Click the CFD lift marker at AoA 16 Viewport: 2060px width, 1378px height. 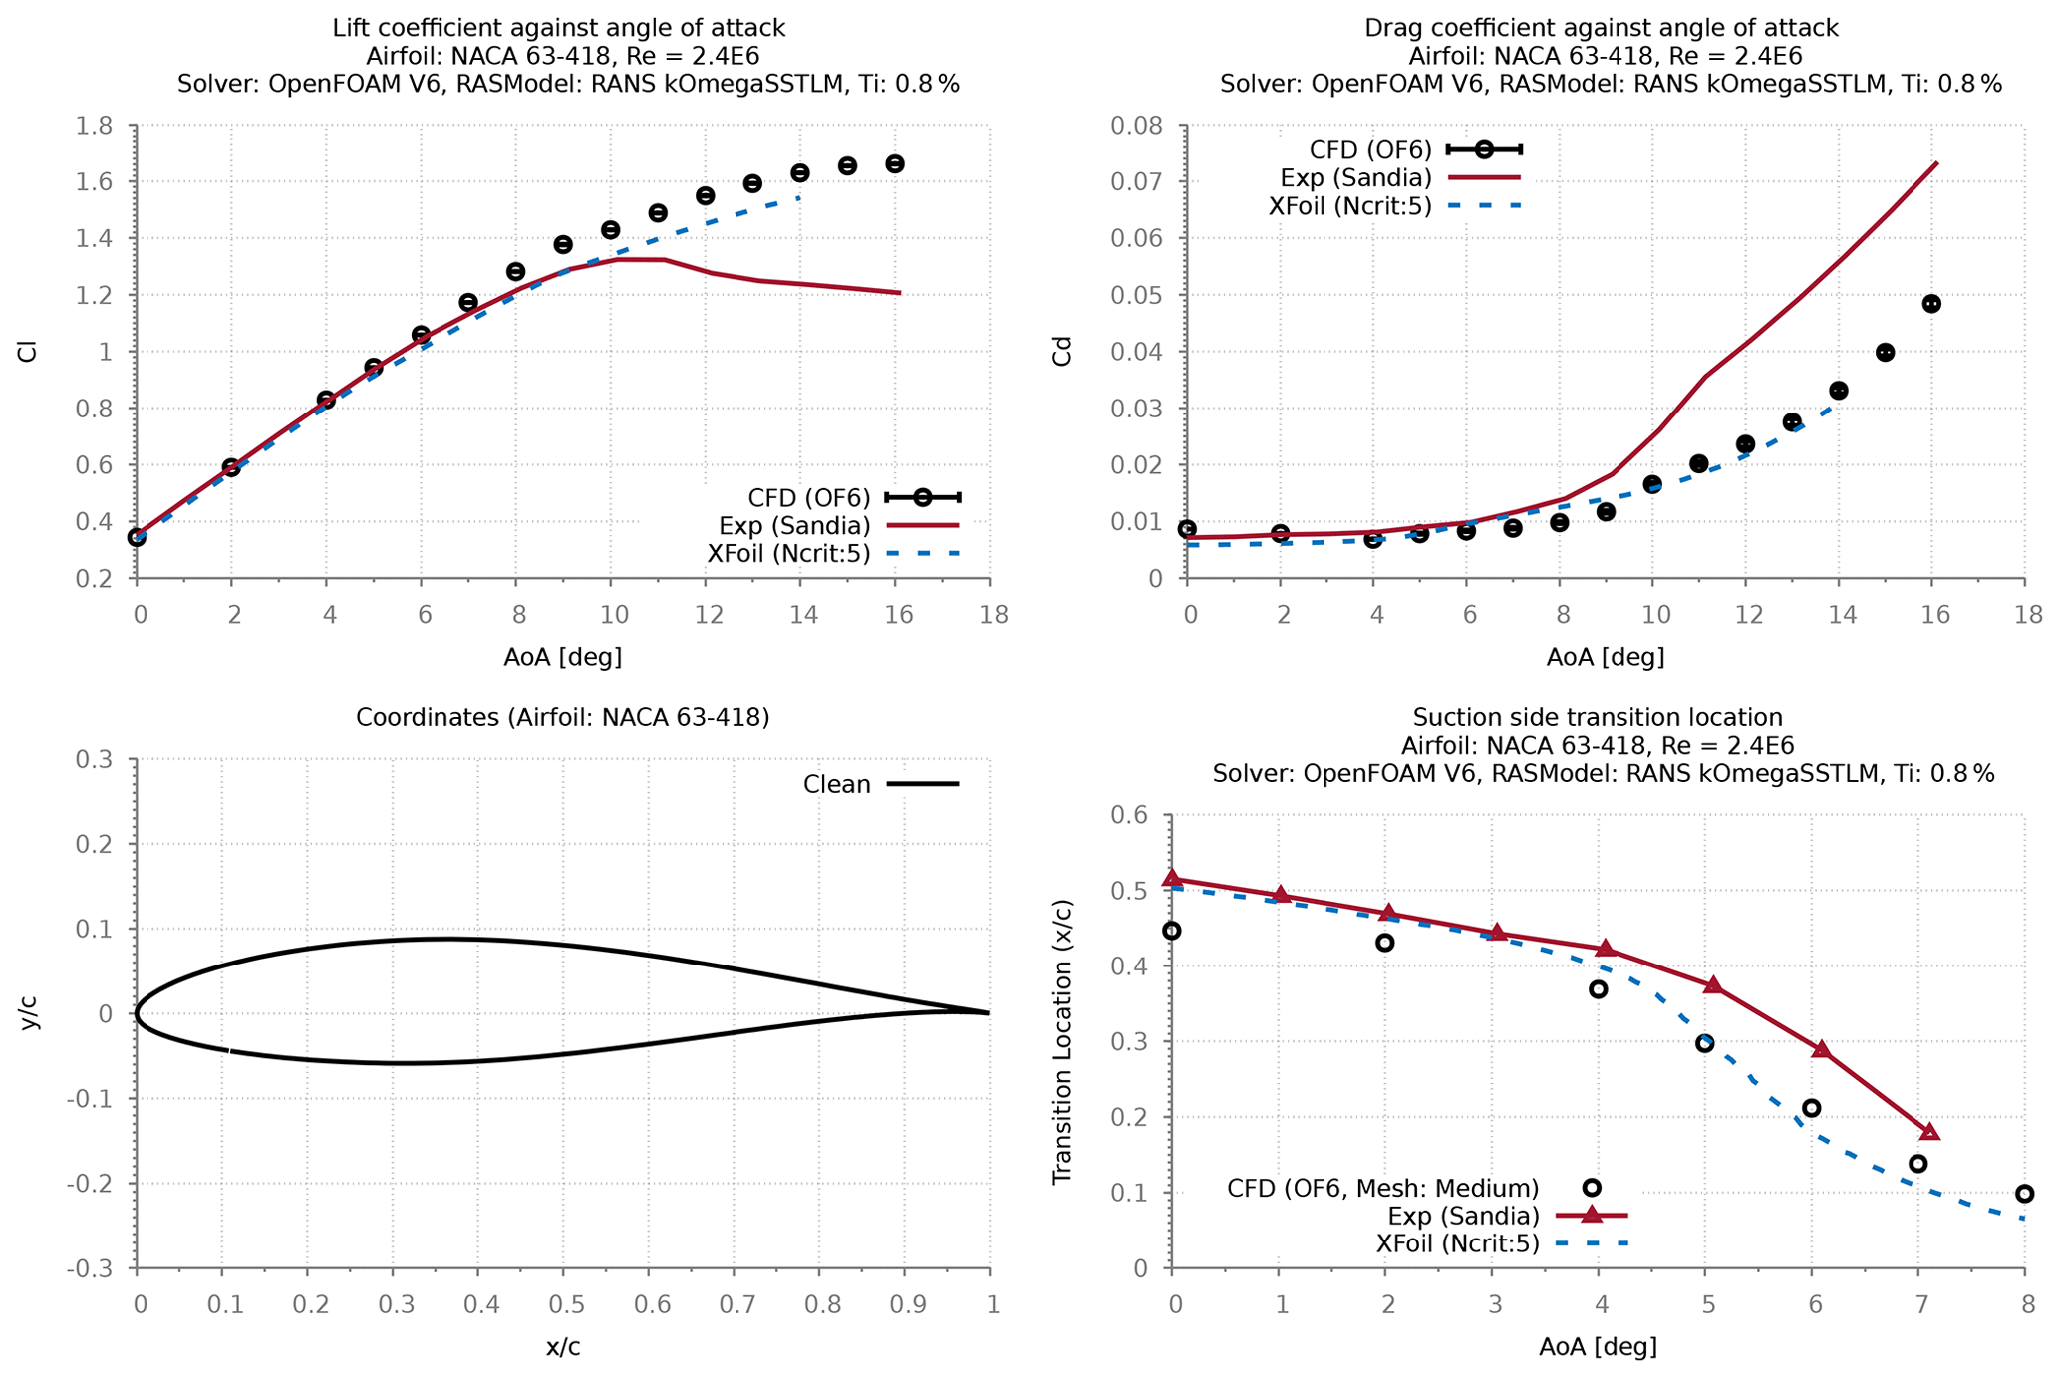(895, 164)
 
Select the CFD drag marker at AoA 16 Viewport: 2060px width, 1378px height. (1931, 304)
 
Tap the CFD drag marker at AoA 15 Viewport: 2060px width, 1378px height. (1885, 352)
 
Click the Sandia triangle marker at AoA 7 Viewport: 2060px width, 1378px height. (1929, 1133)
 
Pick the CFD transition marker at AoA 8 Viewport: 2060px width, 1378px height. (2024, 1194)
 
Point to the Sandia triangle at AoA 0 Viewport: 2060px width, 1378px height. (1172, 879)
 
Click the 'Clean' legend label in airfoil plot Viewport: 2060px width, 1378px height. (836, 785)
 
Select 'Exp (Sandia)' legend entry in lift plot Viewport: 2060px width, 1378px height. (794, 526)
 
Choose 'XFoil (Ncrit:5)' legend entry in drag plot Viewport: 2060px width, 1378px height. (1349, 206)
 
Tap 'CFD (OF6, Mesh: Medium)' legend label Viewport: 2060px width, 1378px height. (1382, 1188)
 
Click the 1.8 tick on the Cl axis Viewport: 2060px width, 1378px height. (94, 127)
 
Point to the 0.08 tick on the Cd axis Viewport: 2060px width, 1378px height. (1137, 127)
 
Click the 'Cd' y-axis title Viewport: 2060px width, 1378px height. (1063, 352)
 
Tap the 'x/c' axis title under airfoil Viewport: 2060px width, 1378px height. (563, 1348)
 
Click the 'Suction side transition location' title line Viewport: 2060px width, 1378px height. (1598, 718)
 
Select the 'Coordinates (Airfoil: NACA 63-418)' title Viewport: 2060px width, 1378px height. (563, 718)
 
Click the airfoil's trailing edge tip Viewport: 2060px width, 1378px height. (988, 1013)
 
